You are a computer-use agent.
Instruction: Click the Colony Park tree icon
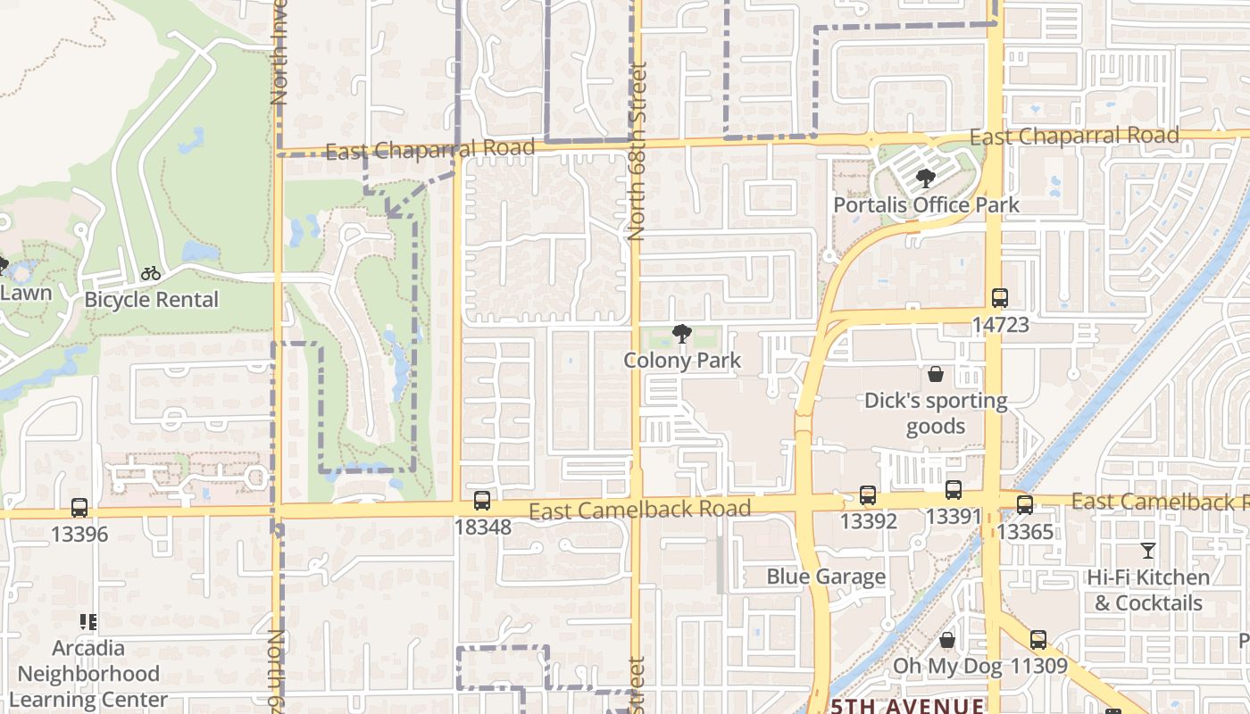coord(682,335)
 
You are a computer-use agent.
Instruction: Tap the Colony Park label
coord(682,361)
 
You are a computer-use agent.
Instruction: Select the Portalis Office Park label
coord(926,204)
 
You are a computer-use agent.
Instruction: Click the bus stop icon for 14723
coord(1000,298)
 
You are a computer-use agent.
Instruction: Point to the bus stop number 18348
coord(482,527)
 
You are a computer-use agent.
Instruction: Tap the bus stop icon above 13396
coord(79,508)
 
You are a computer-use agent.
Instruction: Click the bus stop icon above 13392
coord(867,495)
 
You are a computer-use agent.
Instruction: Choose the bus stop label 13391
coord(953,516)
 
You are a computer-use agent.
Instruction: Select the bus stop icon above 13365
coord(1025,505)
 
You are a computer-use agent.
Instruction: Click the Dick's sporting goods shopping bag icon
coord(936,374)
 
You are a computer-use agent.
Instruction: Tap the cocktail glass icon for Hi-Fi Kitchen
coord(1148,551)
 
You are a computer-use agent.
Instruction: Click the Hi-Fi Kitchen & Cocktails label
coord(1148,591)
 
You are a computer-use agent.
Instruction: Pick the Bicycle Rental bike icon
coord(151,273)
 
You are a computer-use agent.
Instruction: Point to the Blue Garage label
coord(826,577)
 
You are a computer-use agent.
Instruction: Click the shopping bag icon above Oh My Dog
coord(947,640)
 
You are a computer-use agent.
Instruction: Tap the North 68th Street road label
coord(637,152)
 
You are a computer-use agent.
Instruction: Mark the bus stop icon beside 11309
coord(1037,640)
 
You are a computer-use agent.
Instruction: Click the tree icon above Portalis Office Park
coord(926,178)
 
